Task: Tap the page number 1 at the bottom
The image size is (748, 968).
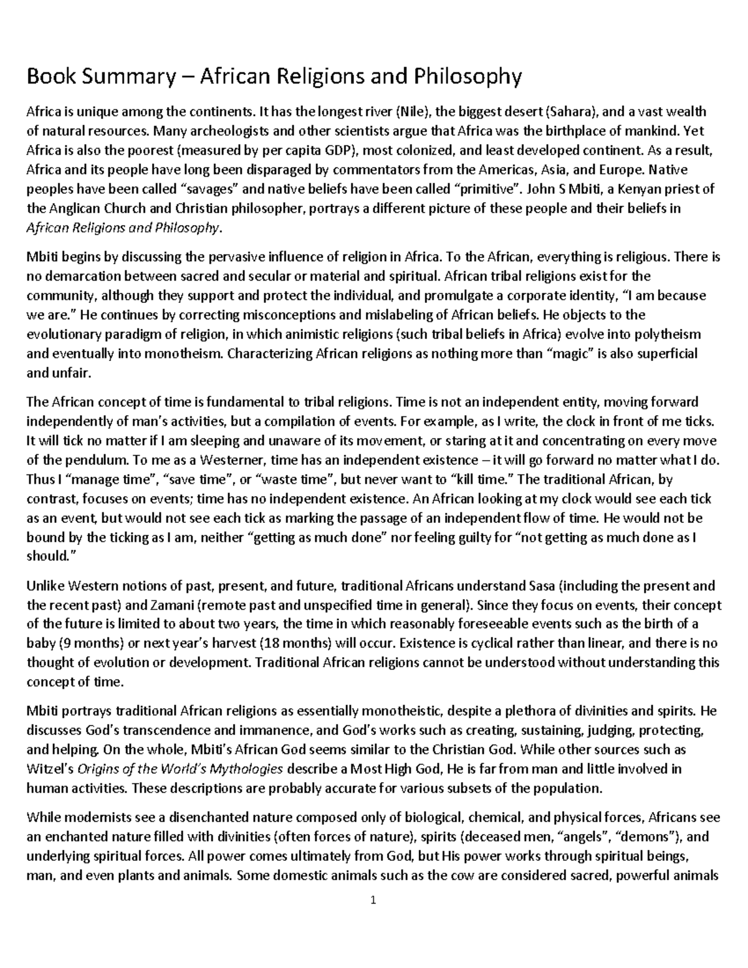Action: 373,900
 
